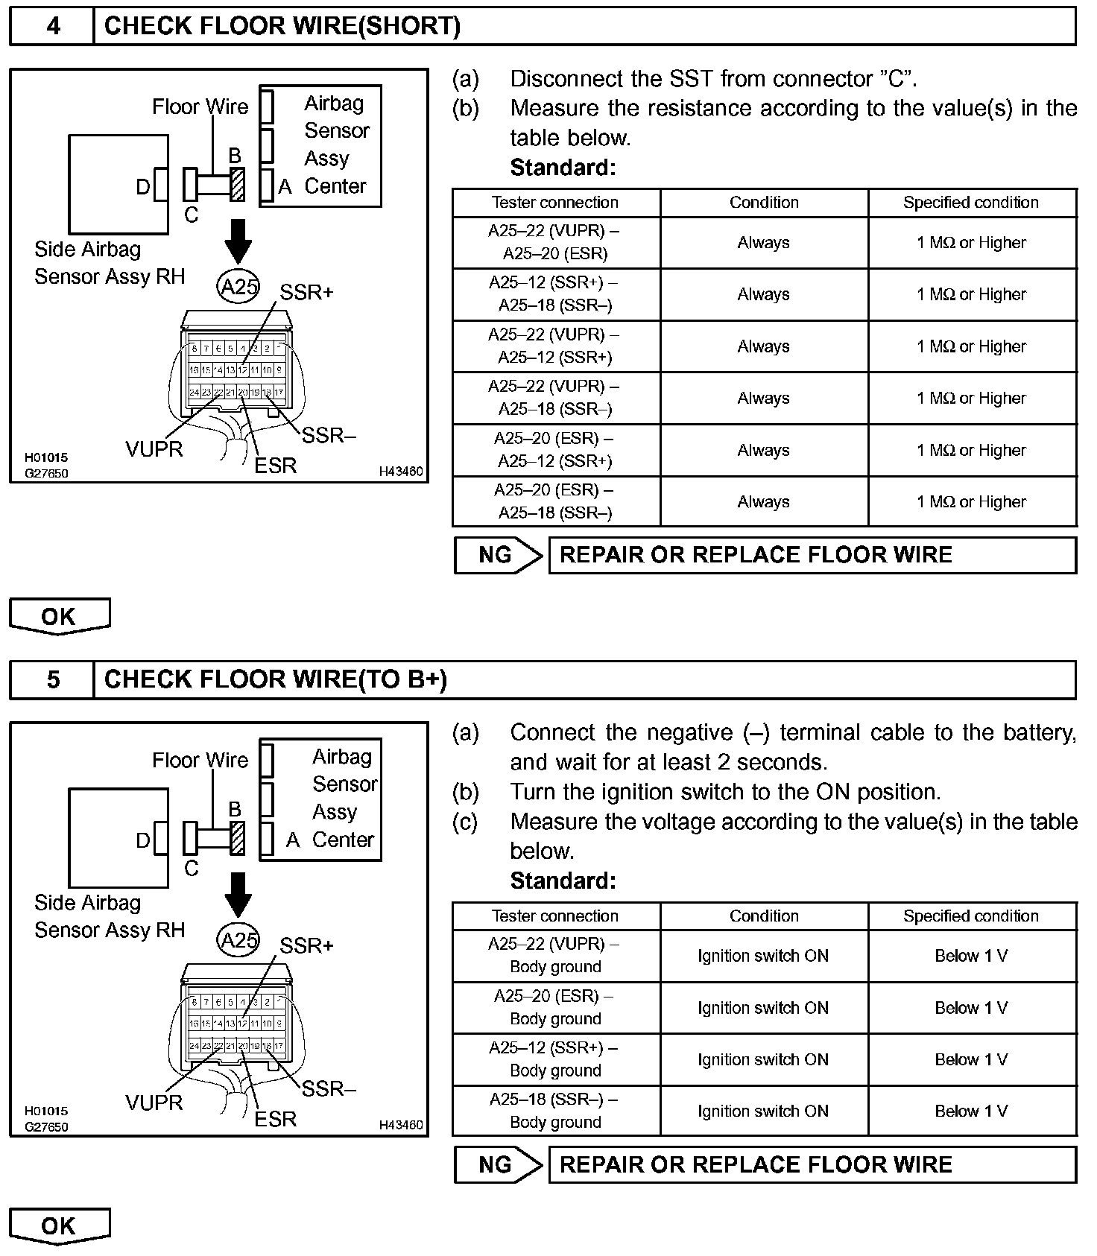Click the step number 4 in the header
coord(53,27)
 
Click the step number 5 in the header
coord(53,679)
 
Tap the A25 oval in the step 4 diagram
coord(238,286)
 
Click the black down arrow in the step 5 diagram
coord(238,894)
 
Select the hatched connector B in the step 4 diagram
coord(238,184)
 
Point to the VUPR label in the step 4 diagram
coord(154,449)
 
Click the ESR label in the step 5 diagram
coord(276,1119)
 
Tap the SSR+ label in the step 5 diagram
coord(306,946)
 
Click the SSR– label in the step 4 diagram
coord(329,436)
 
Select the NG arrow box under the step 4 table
coord(499,556)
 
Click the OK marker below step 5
coord(59,1225)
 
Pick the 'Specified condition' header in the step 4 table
coord(971,203)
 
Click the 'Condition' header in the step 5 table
coord(764,916)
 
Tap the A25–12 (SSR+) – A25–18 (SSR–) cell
coord(555,294)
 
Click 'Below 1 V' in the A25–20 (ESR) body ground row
coord(971,1008)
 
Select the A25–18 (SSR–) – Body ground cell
coord(555,1111)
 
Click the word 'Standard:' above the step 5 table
coord(563,881)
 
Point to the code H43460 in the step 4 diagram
coord(401,472)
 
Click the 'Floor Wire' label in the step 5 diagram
coord(200,760)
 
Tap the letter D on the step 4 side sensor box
coord(143,187)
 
